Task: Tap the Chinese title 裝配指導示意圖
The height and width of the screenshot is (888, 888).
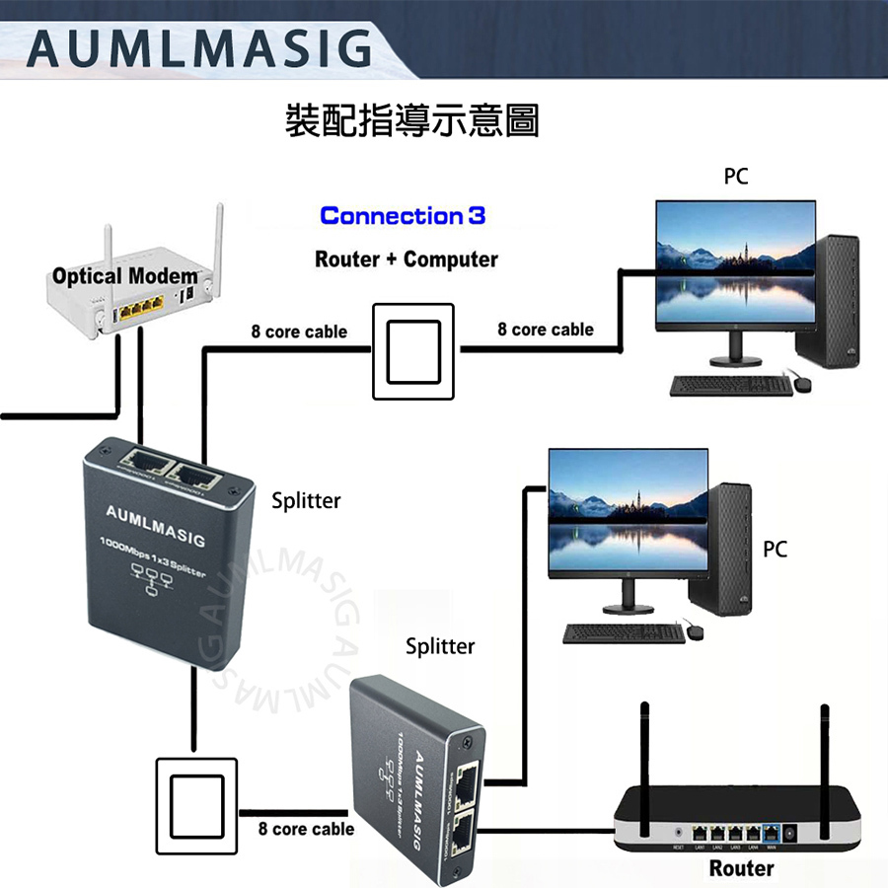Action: [x=411, y=120]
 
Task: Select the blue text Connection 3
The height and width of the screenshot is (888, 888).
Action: [x=403, y=216]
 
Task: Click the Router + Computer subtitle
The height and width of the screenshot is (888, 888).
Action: [x=407, y=259]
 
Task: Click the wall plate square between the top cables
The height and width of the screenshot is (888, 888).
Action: [x=412, y=351]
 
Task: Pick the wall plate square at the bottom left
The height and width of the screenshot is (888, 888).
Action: [x=196, y=806]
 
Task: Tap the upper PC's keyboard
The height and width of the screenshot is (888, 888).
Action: [x=731, y=386]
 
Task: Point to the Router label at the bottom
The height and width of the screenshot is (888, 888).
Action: [x=741, y=868]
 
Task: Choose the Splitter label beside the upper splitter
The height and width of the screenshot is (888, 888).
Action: [x=306, y=500]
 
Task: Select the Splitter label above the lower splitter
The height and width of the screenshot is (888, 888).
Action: [x=440, y=646]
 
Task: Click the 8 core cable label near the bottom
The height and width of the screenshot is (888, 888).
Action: [x=306, y=829]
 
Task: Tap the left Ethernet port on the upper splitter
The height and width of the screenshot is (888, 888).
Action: [x=141, y=463]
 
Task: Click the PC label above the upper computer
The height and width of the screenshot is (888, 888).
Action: [x=736, y=177]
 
